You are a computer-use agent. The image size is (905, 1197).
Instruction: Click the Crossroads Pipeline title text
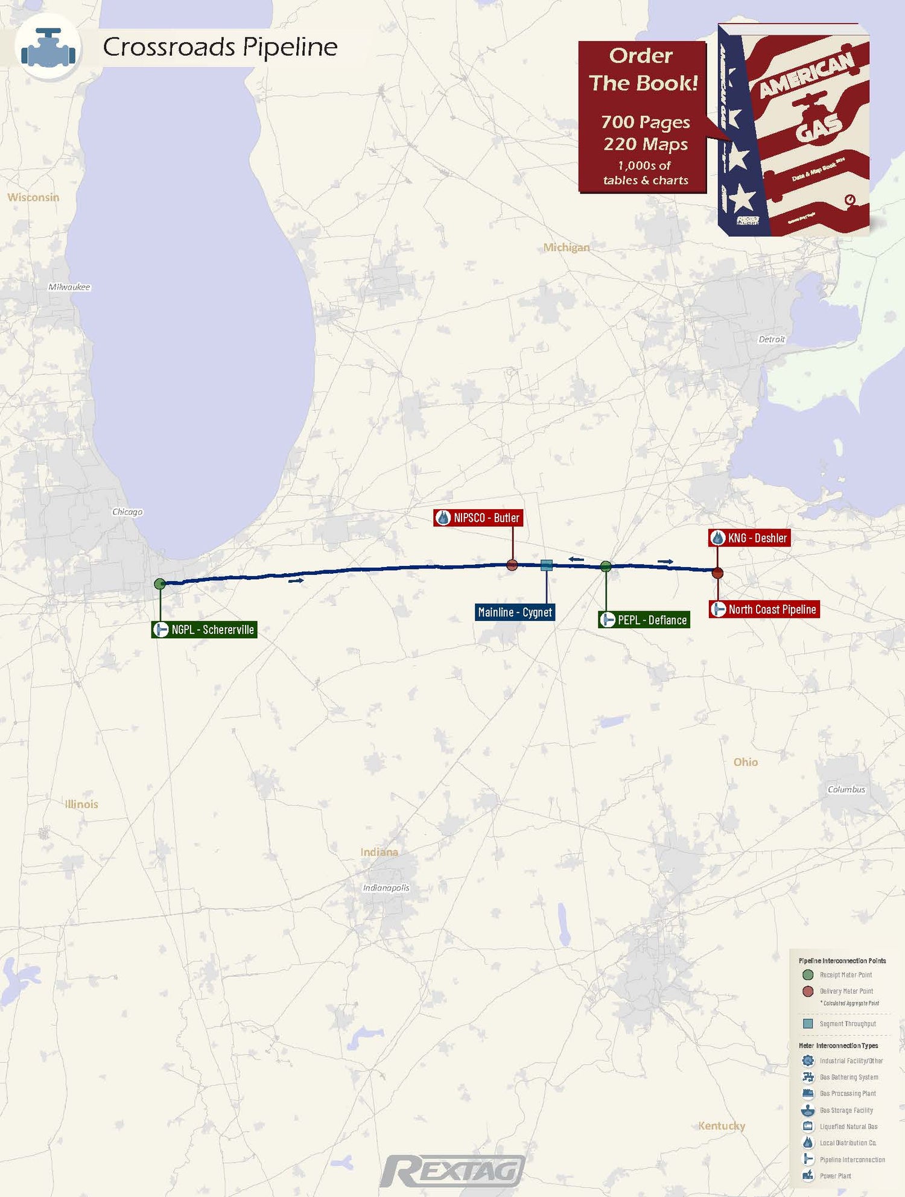(220, 46)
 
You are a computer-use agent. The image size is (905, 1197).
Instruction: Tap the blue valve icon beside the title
(48, 48)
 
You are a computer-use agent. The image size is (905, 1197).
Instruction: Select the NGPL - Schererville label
(205, 629)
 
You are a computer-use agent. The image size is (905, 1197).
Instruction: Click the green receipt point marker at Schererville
(160, 583)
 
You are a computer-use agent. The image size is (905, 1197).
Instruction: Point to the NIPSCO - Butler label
(478, 518)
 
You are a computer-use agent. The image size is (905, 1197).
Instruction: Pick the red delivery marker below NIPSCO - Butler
(512, 565)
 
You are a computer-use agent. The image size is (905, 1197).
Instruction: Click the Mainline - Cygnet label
(515, 612)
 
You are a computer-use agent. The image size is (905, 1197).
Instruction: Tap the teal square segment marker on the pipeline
(547, 565)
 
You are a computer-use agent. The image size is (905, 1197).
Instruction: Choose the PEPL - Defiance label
(644, 620)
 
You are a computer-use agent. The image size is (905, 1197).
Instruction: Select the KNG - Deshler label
(749, 538)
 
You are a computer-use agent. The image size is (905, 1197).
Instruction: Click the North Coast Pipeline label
(764, 609)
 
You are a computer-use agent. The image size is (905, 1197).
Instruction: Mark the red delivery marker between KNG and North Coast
(717, 573)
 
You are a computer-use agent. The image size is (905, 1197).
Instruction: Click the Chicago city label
(127, 512)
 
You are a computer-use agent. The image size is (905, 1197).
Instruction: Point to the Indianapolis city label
(386, 887)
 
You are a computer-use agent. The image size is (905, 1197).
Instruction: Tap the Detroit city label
(772, 339)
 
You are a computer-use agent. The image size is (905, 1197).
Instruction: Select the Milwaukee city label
(69, 287)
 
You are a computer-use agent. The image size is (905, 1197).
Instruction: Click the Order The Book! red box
(643, 117)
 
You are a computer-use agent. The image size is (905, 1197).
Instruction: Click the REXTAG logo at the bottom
(453, 1171)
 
